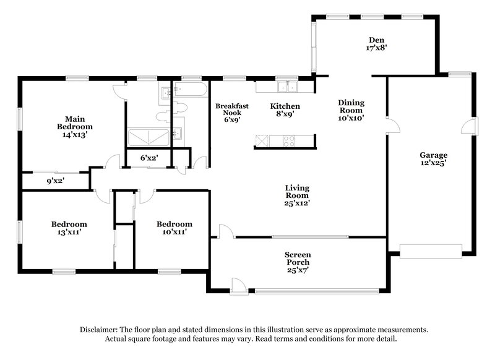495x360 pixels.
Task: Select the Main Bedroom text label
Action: [x=75, y=126]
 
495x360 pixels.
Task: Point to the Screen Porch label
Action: [x=297, y=259]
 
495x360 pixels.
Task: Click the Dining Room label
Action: [x=351, y=109]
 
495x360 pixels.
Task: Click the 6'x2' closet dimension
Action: [x=149, y=158]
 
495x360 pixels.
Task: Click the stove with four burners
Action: [x=289, y=141]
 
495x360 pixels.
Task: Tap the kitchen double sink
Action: [x=286, y=87]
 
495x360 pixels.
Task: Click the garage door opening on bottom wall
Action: [x=431, y=251]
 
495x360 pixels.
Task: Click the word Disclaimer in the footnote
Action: [x=100, y=330]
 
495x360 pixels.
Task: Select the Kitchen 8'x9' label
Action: [x=285, y=109]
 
